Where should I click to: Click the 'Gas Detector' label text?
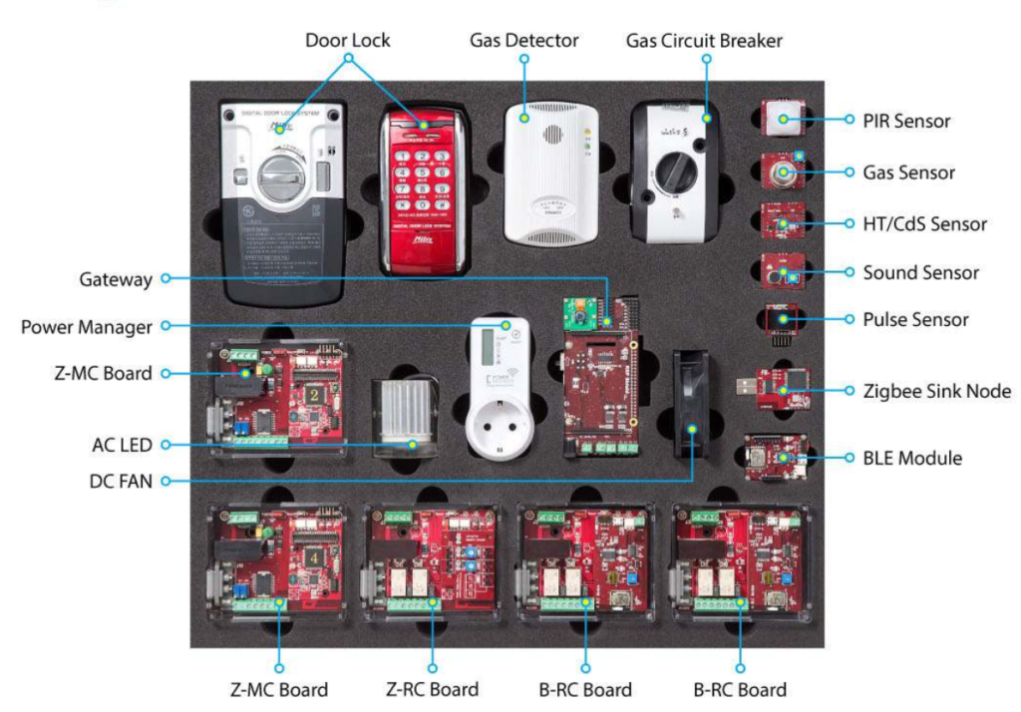523,41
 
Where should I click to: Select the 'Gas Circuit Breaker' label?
704,41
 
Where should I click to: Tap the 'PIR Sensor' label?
906,121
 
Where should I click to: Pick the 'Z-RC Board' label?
432,689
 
